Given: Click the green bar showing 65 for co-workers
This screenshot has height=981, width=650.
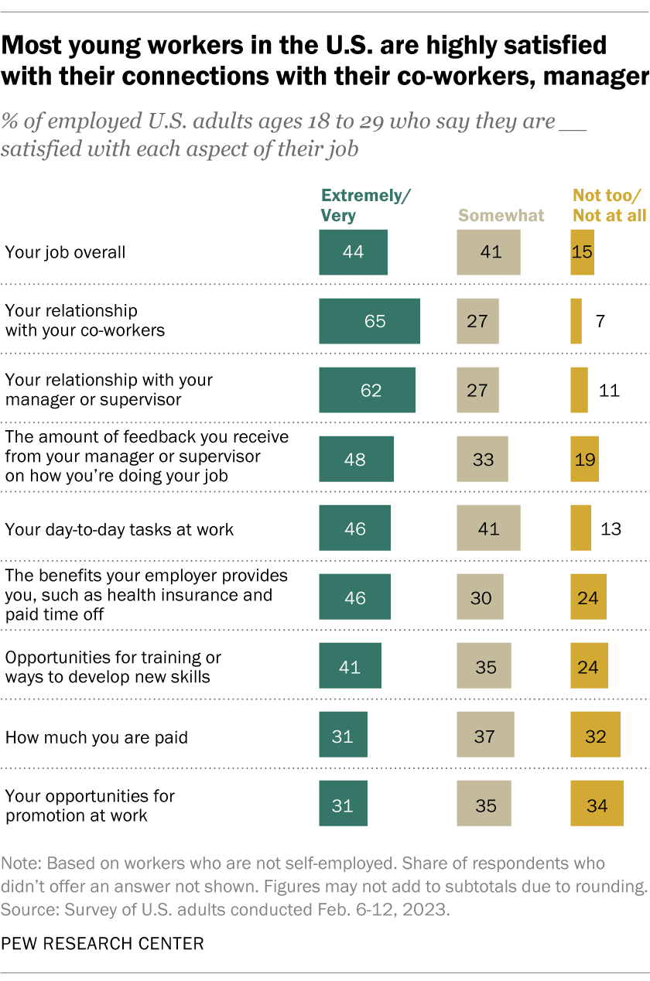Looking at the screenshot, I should point(369,321).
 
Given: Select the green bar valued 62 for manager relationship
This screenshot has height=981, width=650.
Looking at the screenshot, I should point(367,390).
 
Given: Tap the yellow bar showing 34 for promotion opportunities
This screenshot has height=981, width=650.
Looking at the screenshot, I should point(597,805).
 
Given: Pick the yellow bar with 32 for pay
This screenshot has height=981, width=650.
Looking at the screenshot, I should point(595,737).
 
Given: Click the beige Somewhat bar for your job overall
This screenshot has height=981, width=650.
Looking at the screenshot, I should point(488,252).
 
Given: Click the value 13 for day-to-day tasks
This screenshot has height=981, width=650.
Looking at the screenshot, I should point(610,529).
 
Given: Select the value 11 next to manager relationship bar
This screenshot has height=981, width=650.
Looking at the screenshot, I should point(610,390).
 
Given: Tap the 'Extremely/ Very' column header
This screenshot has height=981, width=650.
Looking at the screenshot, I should point(365,206).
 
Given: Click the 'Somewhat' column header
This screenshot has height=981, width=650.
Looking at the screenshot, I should point(501,215).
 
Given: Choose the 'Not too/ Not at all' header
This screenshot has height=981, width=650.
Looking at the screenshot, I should point(609,206).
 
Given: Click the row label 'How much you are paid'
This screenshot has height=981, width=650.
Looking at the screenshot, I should point(97,737).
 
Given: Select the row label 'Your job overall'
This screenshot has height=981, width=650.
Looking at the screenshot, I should point(65,252).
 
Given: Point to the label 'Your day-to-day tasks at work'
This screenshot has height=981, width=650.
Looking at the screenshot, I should point(119,530).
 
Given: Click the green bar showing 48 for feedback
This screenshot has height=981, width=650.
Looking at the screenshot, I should point(356,460).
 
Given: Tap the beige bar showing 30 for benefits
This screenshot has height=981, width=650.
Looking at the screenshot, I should point(480,598).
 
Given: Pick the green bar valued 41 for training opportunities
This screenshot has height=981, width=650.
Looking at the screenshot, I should point(350,667).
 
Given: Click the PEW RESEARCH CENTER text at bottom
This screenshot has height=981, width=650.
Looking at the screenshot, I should point(102,944).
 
